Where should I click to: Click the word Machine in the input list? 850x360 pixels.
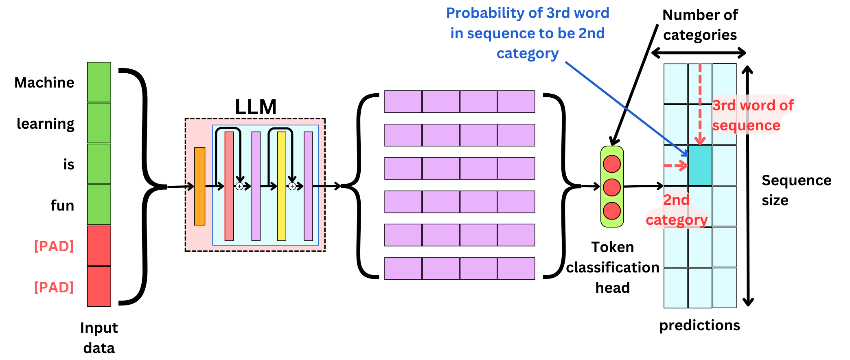pos(44,83)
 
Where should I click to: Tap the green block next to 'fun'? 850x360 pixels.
pos(99,205)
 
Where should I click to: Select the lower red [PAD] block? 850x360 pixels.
pos(99,287)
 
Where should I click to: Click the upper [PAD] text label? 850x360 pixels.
pos(54,246)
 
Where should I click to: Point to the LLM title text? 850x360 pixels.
pos(256,107)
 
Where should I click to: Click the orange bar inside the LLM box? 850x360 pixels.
pos(199,186)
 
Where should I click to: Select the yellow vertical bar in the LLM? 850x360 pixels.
pos(281,186)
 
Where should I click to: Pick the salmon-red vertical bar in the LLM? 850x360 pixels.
pos(229,186)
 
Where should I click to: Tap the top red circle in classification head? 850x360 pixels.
pos(612,164)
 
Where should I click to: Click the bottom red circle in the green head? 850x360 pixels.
pos(612,211)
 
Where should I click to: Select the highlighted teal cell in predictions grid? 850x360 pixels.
pos(700,166)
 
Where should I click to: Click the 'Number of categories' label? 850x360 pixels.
pos(700,25)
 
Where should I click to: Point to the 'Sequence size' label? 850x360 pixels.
pos(795,190)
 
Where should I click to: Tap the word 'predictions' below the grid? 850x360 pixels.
pos(699,325)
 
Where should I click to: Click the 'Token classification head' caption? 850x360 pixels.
pos(612,267)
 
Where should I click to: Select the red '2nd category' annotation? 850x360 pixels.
pos(676,210)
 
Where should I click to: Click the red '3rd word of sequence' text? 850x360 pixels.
pos(752,115)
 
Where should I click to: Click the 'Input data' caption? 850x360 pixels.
pos(99,338)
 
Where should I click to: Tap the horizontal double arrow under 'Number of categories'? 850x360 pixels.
pos(699,53)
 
